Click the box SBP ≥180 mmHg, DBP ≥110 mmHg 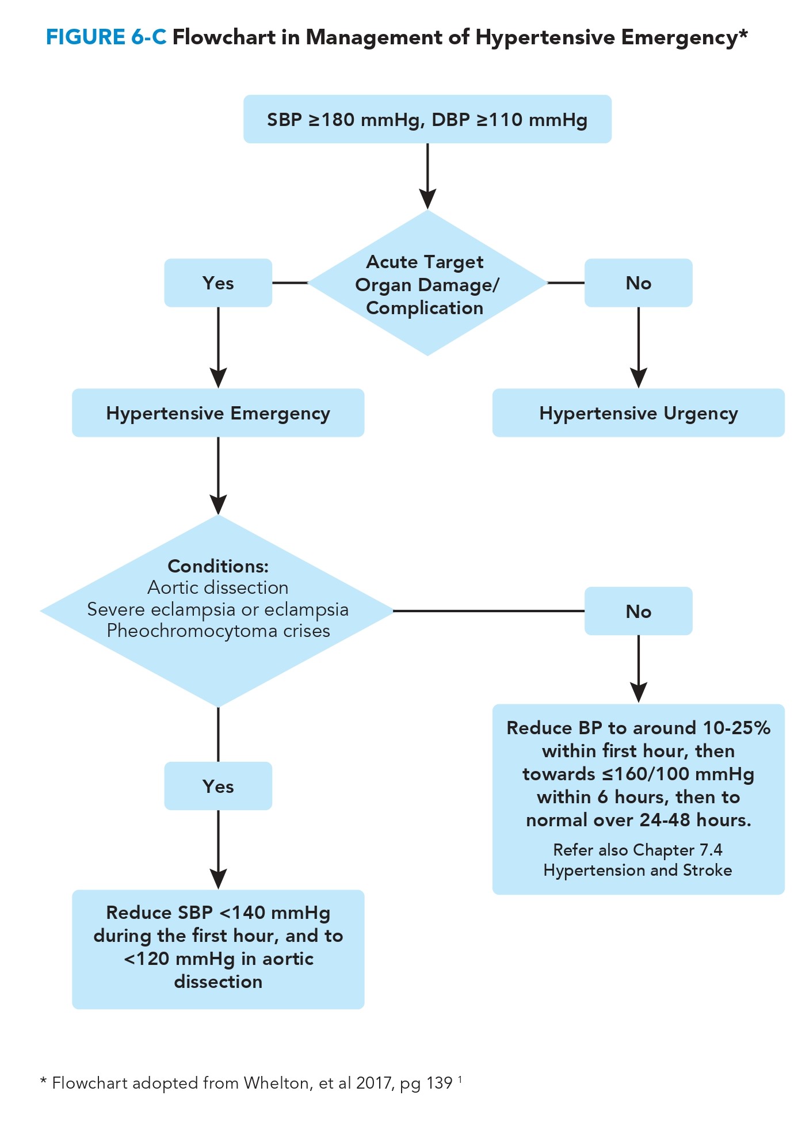pos(427,119)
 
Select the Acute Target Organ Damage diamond pos(426,284)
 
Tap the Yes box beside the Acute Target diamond pos(218,283)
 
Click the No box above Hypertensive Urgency pos(638,283)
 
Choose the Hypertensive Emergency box pos(218,413)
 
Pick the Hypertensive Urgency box pos(638,413)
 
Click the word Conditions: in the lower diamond pos(218,566)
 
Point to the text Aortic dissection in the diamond pos(218,587)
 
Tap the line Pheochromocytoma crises pos(218,631)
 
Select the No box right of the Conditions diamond pos(638,611)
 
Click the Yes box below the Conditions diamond pos(218,786)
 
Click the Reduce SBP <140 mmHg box pos(218,948)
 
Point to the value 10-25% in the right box pos(736,728)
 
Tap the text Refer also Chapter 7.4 pos(637,850)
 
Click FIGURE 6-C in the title pos(106,37)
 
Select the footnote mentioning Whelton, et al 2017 pos(251,1083)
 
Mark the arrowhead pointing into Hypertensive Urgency pos(638,377)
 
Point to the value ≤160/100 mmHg pos(678,774)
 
